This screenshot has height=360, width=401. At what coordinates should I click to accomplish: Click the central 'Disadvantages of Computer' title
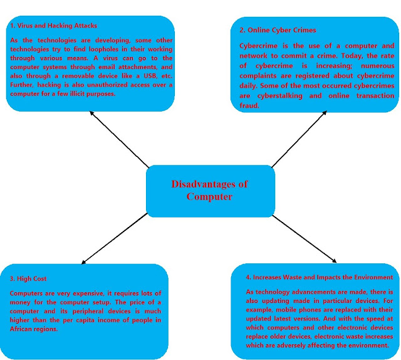point(209,190)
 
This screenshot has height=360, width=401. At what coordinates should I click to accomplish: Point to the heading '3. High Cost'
point(28,278)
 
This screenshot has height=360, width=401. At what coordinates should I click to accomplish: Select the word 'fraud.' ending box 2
point(250,105)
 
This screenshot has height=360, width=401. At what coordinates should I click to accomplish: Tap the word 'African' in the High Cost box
point(25,329)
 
